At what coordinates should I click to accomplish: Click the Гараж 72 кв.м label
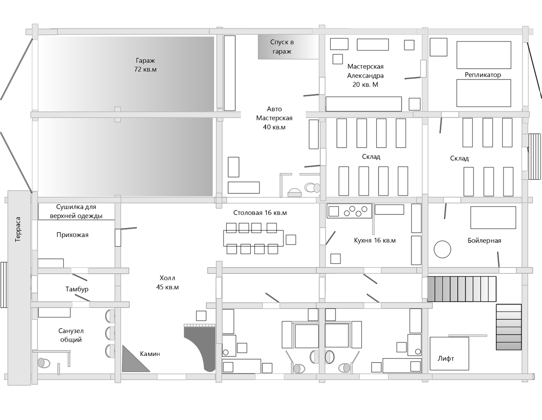click(x=145, y=65)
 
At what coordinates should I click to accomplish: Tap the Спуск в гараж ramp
click(x=288, y=47)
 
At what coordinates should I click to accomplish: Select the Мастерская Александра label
click(x=365, y=75)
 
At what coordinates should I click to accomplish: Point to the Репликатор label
click(x=483, y=75)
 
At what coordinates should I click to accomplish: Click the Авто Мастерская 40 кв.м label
click(x=274, y=118)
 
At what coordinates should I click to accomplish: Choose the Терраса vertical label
click(x=18, y=229)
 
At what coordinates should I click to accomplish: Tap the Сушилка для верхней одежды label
click(x=76, y=211)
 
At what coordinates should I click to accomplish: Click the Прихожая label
click(x=72, y=235)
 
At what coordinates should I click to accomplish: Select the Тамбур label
click(x=77, y=289)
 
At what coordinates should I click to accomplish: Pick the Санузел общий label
click(x=71, y=335)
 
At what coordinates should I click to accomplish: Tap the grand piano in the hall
click(x=200, y=347)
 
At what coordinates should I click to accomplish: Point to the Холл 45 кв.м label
click(x=168, y=283)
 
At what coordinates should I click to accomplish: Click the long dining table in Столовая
click(x=253, y=238)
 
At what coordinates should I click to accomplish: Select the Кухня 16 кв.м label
click(x=375, y=240)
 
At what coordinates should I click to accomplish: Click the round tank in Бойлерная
click(x=443, y=249)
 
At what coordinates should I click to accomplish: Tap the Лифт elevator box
click(x=449, y=354)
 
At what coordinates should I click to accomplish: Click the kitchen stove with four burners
click(x=350, y=211)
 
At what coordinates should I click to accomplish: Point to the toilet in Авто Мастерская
click(x=312, y=187)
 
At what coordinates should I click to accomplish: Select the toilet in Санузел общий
click(x=44, y=363)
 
